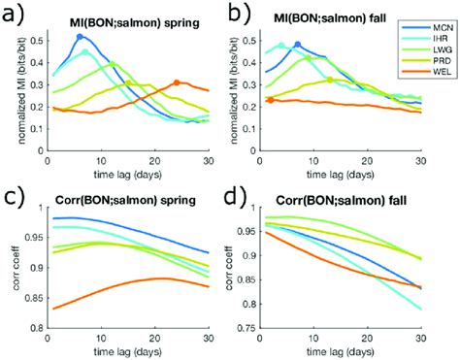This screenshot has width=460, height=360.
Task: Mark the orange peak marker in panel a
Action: coord(176,83)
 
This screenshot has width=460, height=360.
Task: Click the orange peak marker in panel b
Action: coord(270,100)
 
